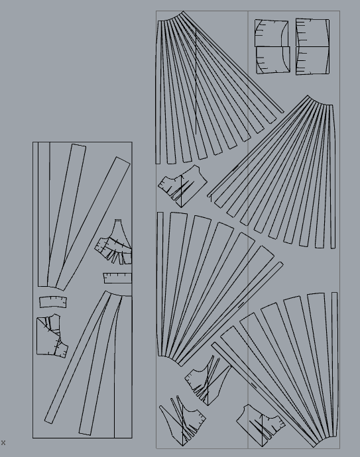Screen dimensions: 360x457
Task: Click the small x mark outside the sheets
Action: pyautogui.click(x=3, y=442)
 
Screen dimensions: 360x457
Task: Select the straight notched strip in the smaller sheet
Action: pyautogui.click(x=117, y=278)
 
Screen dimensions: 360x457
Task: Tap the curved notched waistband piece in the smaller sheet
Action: pyautogui.click(x=53, y=302)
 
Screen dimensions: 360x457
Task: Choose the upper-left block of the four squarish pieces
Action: pyautogui.click(x=271, y=33)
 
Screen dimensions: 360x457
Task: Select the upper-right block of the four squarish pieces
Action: pyautogui.click(x=313, y=32)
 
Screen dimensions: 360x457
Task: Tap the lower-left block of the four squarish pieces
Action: pyautogui.click(x=273, y=60)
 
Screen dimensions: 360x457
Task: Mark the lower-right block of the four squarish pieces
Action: pyautogui.click(x=313, y=61)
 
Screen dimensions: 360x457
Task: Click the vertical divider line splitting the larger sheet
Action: pyautogui.click(x=248, y=229)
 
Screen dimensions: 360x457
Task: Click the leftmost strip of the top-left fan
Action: pyautogui.click(x=158, y=92)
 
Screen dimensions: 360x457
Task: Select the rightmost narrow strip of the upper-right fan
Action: pyautogui.click(x=333, y=177)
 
